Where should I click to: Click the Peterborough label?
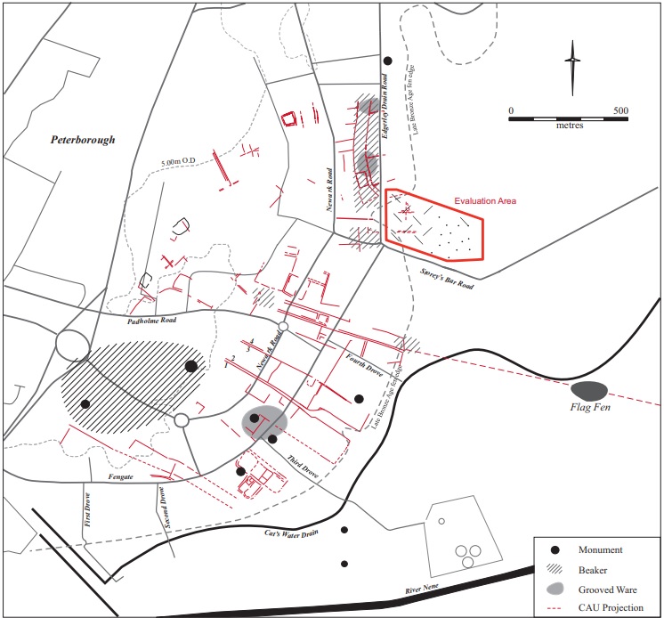83,140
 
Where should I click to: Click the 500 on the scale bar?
620,111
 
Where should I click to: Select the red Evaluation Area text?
485,201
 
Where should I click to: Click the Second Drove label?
162,508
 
